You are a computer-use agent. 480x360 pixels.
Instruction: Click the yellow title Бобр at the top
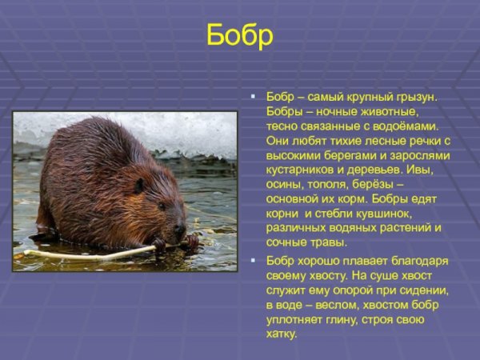240,36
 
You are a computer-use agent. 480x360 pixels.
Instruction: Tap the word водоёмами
410,126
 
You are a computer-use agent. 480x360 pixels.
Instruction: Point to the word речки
421,140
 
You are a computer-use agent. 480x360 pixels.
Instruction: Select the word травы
326,242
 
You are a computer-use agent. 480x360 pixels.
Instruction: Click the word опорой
350,290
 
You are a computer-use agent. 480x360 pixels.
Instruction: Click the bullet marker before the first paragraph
253,96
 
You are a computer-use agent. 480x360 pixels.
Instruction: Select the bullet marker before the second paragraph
253,261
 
